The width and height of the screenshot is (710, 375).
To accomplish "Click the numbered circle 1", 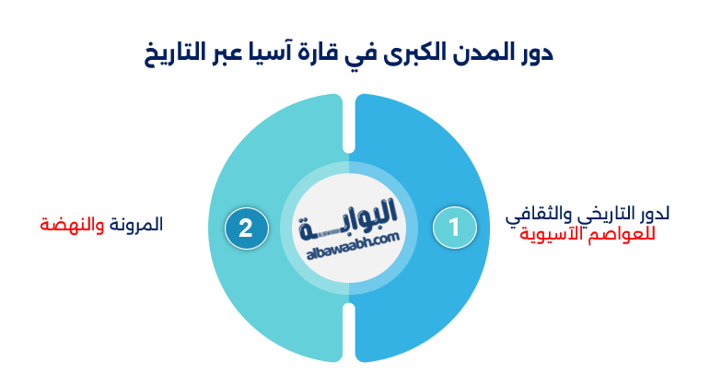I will tap(454, 228).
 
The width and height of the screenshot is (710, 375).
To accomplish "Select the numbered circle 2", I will tap(246, 228).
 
